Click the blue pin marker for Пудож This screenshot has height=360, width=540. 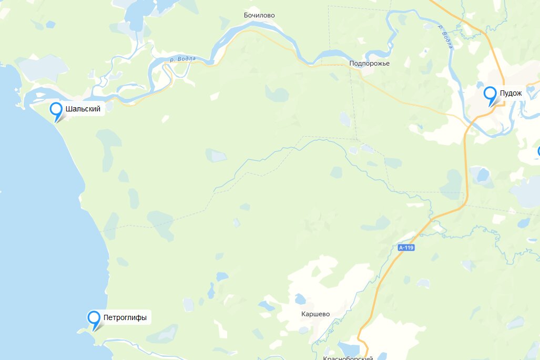coord(490,95)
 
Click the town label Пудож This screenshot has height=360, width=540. coord(511,93)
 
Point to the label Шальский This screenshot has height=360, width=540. coord(83,109)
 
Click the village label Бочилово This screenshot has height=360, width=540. coord(259,15)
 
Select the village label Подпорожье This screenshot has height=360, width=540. coord(369,64)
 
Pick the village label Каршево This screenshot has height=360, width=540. coord(315,314)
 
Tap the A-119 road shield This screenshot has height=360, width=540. coord(406,248)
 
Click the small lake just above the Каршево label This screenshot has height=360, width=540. coord(300,299)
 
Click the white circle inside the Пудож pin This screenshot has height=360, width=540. coord(490,94)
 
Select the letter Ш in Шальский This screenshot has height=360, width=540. coord(69,109)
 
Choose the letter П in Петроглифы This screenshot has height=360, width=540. coord(106,317)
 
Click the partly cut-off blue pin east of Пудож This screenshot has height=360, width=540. coord(538,152)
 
